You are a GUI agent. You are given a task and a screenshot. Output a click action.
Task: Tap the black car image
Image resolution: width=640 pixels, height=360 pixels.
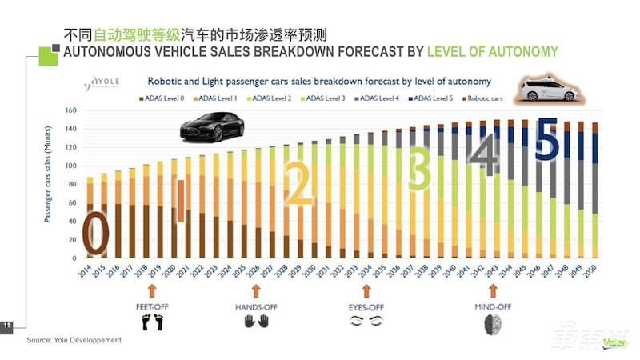tap(211, 126)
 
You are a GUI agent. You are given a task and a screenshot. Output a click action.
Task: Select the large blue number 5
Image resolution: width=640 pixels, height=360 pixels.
tap(546, 139)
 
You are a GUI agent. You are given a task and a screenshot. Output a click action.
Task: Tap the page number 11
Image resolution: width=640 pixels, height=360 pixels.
tap(7, 325)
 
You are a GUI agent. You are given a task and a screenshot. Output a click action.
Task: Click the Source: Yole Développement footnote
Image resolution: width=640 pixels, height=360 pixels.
tap(74, 341)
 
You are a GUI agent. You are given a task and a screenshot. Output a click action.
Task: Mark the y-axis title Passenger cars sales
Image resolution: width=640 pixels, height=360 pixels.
tap(50, 184)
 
